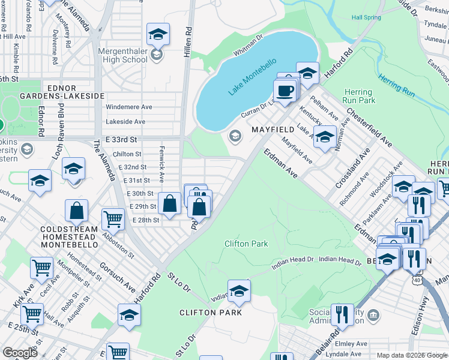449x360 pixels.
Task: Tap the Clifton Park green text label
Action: pyautogui.click(x=246, y=244)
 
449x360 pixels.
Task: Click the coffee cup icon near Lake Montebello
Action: pyautogui.click(x=284, y=91)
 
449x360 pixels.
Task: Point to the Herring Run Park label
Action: pyautogui.click(x=358, y=96)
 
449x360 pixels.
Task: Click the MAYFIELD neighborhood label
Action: pyautogui.click(x=273, y=130)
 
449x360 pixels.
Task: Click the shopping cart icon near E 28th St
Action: pyautogui.click(x=113, y=220)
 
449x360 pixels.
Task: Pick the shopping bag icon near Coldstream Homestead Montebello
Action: pyautogui.click(x=77, y=211)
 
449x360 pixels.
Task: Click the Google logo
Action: pyautogui.click(x=20, y=353)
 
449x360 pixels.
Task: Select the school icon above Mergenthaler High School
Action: pyautogui.click(x=158, y=34)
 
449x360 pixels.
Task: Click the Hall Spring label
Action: pyautogui.click(x=366, y=17)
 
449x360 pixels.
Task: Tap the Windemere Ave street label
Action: pyautogui.click(x=128, y=107)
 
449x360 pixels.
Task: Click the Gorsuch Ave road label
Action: pyautogui.click(x=118, y=277)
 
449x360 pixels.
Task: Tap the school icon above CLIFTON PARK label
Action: pyautogui.click(x=239, y=292)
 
